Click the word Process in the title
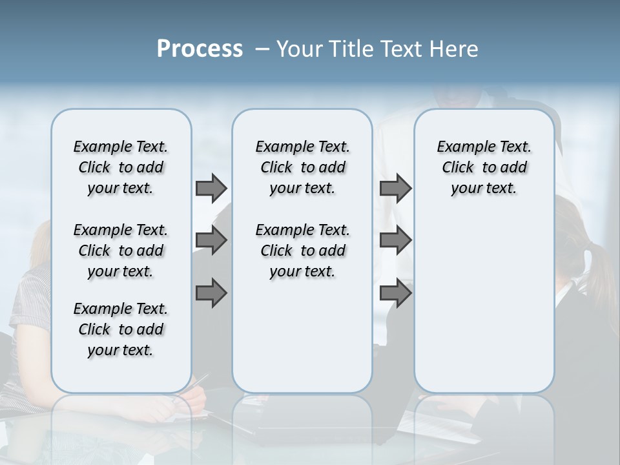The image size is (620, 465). [x=200, y=49]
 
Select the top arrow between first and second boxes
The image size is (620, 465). [x=211, y=188]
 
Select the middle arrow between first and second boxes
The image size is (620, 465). [x=211, y=240]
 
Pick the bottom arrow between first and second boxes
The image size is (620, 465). [x=211, y=293]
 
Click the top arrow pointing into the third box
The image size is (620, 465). [x=395, y=188]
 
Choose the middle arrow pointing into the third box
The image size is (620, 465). [x=395, y=240]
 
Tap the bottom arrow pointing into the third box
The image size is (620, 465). [x=395, y=293]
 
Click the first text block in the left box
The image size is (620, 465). [x=121, y=167]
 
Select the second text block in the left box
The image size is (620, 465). [x=121, y=251]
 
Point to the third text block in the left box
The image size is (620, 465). [x=121, y=329]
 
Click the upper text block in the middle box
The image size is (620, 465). [x=302, y=167]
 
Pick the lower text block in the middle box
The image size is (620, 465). [x=302, y=251]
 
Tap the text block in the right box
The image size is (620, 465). [x=484, y=167]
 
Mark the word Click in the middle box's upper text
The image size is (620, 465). [x=276, y=168]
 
